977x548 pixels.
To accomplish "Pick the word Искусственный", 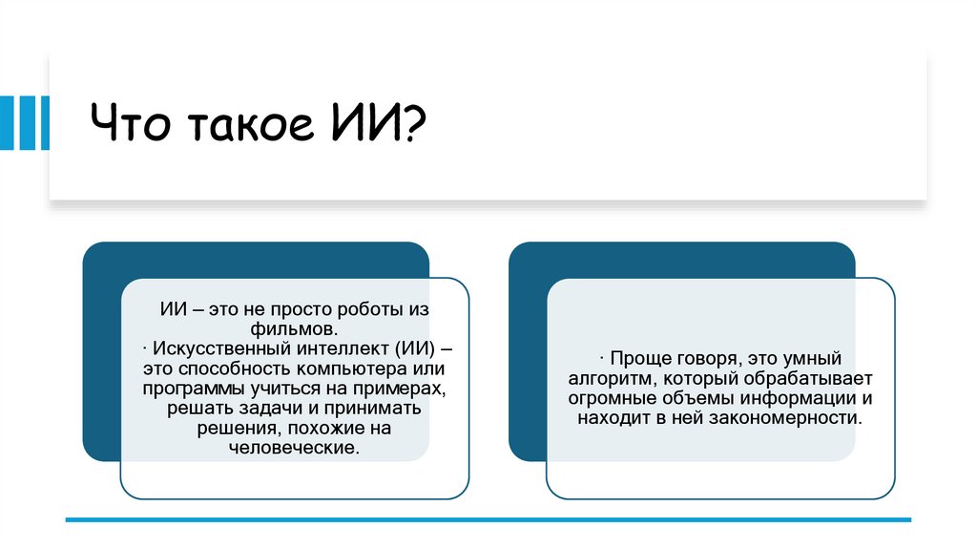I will tap(209, 348).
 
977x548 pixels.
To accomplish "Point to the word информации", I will tap(803, 398).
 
